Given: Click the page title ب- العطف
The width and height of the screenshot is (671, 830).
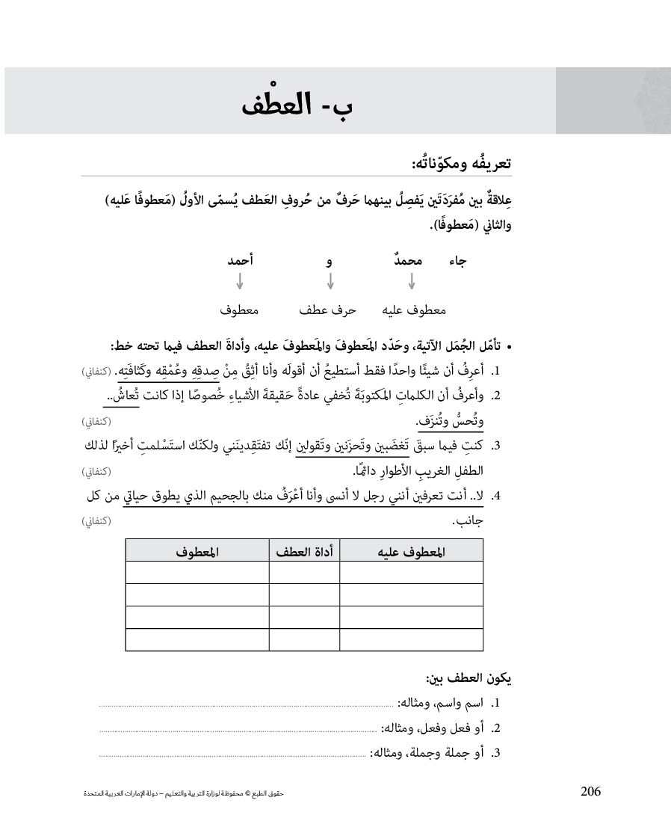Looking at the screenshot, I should [297, 103].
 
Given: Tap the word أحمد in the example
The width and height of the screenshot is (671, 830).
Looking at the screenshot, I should [240, 260].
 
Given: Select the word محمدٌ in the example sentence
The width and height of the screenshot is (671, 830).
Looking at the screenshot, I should [407, 260].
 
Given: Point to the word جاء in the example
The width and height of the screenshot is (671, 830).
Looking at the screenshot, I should [457, 261].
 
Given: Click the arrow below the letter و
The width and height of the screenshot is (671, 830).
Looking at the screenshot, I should [330, 282].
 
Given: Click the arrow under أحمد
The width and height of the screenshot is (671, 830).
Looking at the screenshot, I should [239, 282].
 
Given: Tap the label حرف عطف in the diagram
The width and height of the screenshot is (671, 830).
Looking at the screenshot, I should [327, 310].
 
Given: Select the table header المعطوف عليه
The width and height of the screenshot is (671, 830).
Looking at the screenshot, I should [411, 552].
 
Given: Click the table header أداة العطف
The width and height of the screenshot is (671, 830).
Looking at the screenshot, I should [304, 552].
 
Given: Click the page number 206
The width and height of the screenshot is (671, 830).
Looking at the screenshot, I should [590, 793].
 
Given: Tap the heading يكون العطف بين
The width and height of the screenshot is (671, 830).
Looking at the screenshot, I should [469, 680].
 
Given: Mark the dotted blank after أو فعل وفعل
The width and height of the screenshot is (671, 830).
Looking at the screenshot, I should [239, 729].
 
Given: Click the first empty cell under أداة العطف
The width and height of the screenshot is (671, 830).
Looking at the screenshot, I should [304, 573].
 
